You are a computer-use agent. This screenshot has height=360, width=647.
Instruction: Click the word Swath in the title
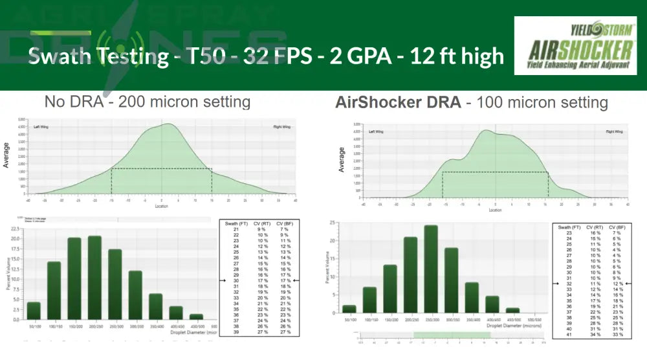(65, 56)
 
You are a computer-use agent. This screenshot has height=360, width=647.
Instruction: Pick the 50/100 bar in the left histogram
(34, 310)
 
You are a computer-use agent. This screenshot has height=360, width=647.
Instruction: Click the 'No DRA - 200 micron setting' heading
(147, 102)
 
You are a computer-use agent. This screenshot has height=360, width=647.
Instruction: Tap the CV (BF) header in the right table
(616, 227)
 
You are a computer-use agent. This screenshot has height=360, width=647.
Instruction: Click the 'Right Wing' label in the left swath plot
(281, 126)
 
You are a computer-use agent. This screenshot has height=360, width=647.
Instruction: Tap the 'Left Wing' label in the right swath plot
(377, 131)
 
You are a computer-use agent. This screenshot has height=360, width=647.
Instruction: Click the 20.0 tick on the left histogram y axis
(16, 238)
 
